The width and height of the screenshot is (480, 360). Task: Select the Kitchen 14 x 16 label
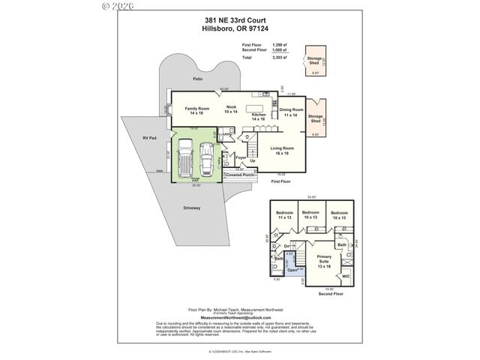[259, 117]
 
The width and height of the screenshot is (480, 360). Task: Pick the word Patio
[197, 78]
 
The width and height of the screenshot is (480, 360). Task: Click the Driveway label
[192, 208]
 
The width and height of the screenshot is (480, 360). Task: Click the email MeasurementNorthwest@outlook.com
[239, 317]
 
